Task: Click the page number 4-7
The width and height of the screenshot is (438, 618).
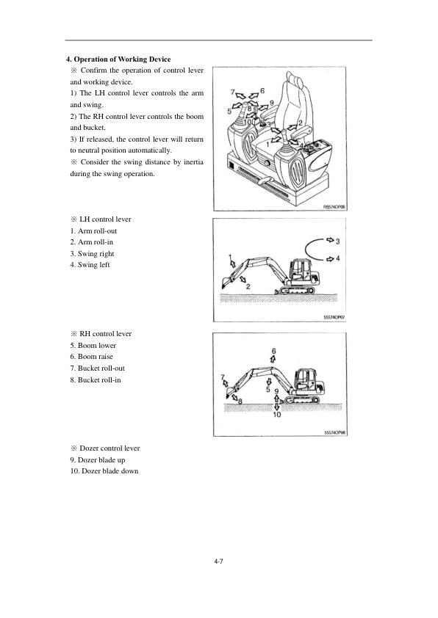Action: pos(218,561)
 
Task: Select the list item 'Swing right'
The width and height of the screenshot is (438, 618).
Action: pos(96,254)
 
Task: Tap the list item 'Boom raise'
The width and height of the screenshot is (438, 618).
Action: pos(96,357)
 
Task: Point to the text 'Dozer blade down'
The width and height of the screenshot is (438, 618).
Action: pos(109,471)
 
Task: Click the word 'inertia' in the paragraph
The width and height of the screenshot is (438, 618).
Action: pos(194,162)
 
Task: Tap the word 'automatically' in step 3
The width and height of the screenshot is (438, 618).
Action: pos(149,150)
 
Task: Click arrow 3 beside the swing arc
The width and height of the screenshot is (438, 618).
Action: pos(329,240)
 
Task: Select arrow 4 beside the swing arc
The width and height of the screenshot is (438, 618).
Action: pos(329,259)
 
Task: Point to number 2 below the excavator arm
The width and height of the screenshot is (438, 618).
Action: pos(248,286)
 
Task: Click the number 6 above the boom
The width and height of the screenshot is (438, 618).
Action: pos(274,351)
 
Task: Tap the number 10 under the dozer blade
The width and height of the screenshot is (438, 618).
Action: pos(277,415)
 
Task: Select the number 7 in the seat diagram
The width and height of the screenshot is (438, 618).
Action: pos(233,92)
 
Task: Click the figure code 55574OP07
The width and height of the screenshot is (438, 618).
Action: pos(334,317)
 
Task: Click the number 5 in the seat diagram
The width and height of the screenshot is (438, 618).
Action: pos(229,112)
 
